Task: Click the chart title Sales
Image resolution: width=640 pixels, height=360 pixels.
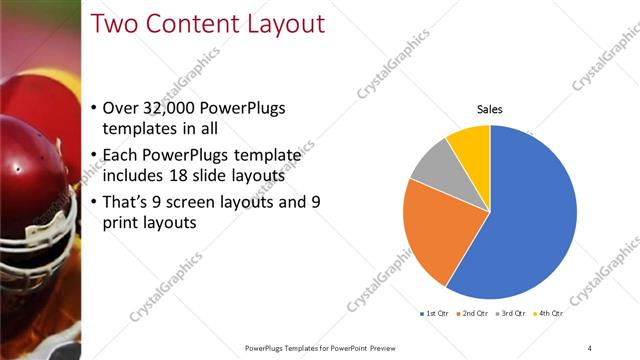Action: (489, 109)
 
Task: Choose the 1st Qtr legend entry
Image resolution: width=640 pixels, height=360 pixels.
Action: (433, 314)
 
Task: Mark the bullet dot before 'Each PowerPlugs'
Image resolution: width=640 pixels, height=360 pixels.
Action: (94, 155)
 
